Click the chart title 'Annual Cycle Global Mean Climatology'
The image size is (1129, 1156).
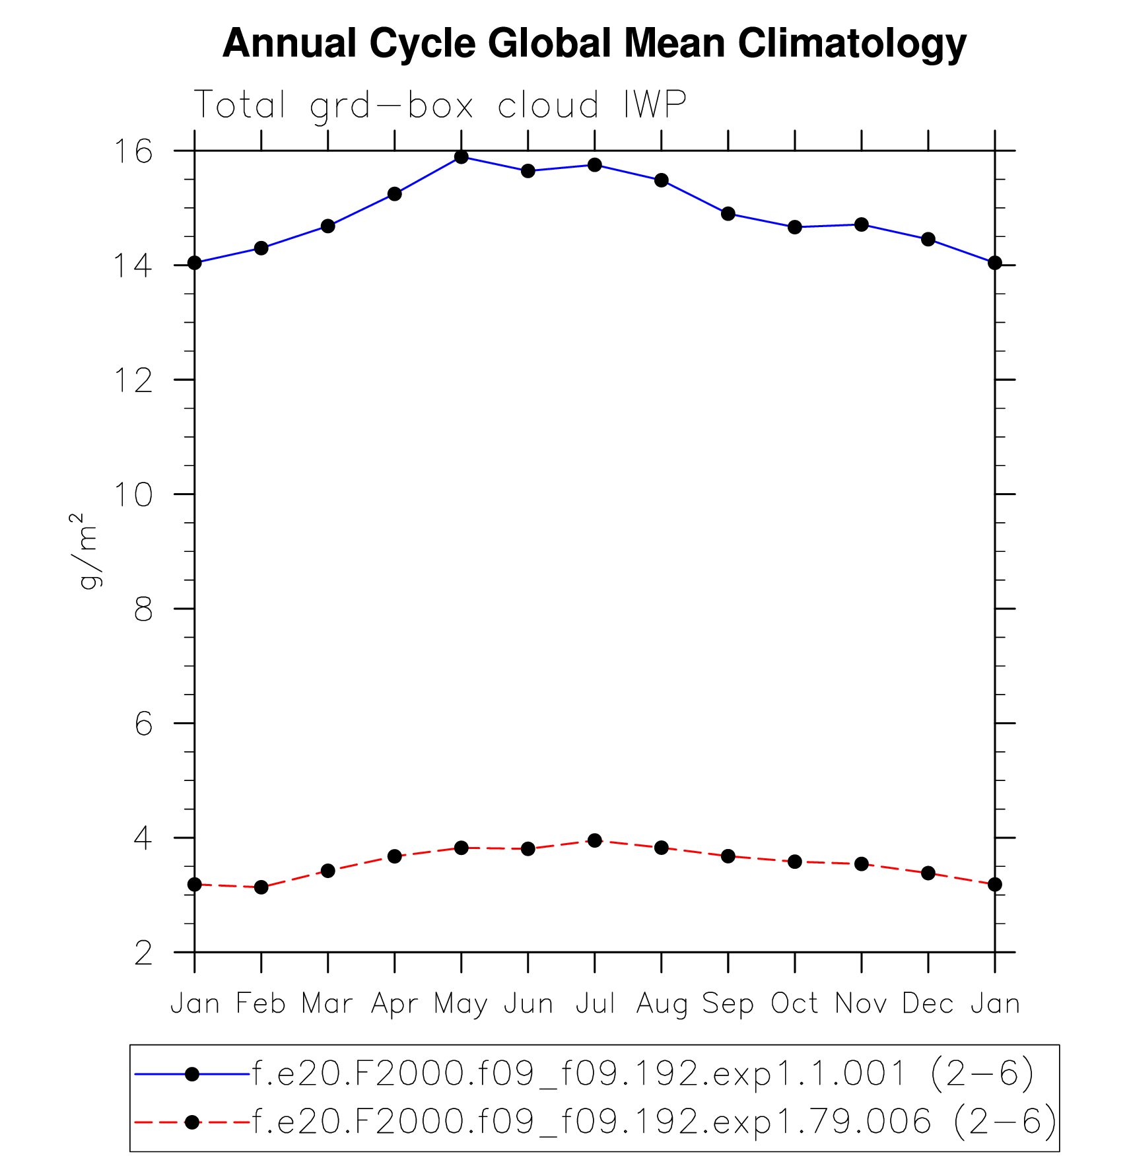(x=594, y=44)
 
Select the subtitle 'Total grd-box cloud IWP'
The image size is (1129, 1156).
(x=440, y=105)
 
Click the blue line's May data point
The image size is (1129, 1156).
(x=462, y=157)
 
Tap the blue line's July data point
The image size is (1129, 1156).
(x=595, y=164)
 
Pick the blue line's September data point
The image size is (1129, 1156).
(x=728, y=214)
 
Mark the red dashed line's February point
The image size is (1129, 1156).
(x=261, y=887)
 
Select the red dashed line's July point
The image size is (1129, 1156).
(x=595, y=840)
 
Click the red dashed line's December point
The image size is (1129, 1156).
(x=928, y=873)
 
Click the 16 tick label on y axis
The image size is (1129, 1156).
(x=133, y=152)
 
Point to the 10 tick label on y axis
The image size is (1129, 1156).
(x=133, y=494)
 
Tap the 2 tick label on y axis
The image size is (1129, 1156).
(x=143, y=953)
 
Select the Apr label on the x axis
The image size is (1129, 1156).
(x=394, y=1004)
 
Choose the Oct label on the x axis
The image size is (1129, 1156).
(x=794, y=1004)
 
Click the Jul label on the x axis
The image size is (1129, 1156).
(x=595, y=1004)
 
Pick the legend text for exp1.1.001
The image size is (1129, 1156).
(x=642, y=1073)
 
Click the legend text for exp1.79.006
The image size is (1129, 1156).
(x=654, y=1121)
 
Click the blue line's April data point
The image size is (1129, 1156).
(x=395, y=194)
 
